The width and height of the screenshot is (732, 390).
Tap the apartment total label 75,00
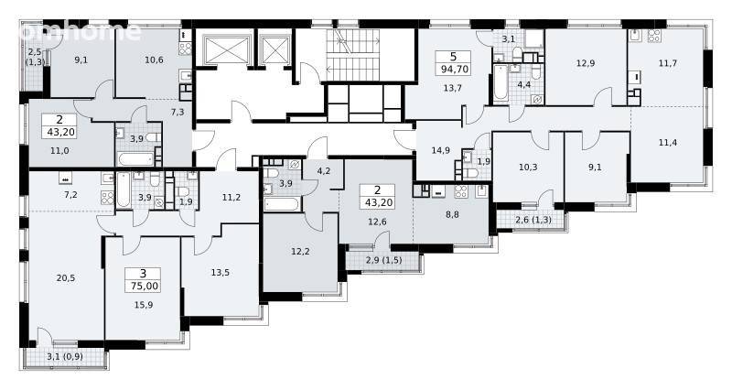[143, 286]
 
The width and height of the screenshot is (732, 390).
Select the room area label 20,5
[66, 278]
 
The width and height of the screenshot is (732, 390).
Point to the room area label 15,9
[144, 305]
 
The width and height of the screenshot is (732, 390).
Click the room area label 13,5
[220, 273]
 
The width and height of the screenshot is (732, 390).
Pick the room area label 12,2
[300, 252]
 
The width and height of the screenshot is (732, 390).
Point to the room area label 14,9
[441, 150]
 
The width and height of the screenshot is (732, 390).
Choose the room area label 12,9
[586, 63]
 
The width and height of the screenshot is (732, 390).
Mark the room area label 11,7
[668, 63]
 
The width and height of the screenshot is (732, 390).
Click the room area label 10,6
[154, 60]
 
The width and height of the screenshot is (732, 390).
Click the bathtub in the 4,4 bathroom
[501, 82]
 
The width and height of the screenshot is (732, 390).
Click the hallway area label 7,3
[177, 112]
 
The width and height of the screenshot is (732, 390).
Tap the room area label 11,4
[668, 143]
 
